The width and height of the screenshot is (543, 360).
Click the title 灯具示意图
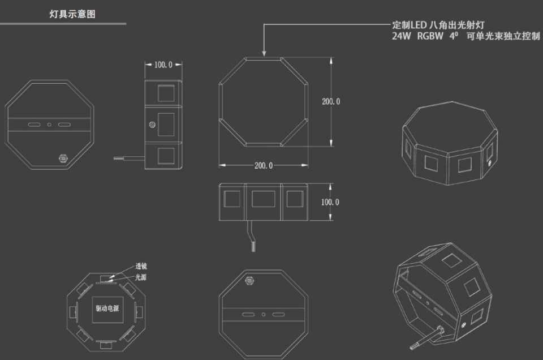coord(72,14)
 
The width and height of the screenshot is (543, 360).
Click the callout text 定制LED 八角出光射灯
coord(438,25)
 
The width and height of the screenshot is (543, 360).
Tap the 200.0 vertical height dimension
coord(331,101)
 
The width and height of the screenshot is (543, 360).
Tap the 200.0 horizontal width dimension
coord(264,166)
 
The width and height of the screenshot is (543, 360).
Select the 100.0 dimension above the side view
coord(163,65)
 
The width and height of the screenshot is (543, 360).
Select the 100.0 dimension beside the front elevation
coord(330,202)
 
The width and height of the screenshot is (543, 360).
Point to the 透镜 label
coord(141,266)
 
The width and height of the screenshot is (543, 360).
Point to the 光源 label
coord(141,277)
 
